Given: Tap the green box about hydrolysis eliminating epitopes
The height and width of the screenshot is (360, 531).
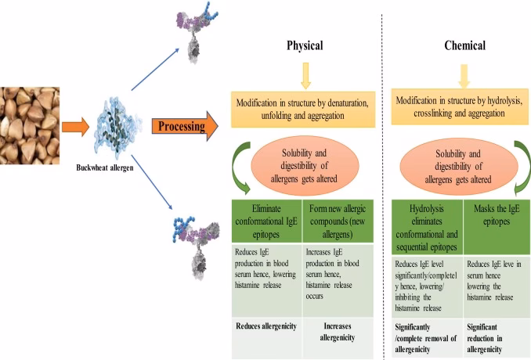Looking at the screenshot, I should (x=426, y=226).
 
